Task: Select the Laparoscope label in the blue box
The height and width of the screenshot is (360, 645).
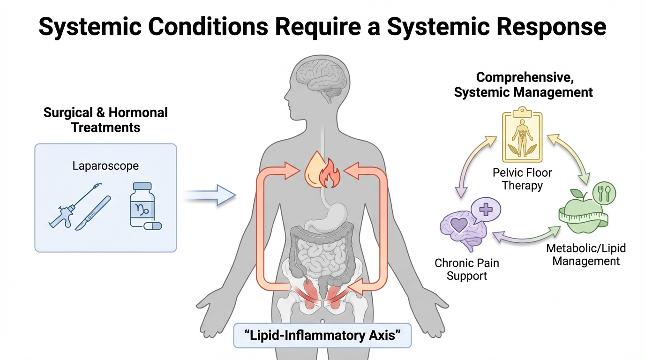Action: coord(105,165)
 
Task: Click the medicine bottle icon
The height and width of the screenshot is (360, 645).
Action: coord(142,205)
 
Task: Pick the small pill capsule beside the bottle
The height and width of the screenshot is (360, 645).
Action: coord(153,226)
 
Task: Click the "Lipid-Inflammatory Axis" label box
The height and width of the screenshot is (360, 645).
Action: coord(322,336)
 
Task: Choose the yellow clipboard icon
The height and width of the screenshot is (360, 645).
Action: coord(522,136)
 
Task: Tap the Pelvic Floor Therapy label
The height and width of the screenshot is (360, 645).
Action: coord(522,179)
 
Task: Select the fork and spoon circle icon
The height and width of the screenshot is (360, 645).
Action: coord(604,193)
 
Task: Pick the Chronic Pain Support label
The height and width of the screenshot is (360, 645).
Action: coord(466,269)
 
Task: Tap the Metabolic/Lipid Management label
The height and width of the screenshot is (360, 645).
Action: coord(585,255)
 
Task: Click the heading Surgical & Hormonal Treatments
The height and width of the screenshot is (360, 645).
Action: coord(105,120)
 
